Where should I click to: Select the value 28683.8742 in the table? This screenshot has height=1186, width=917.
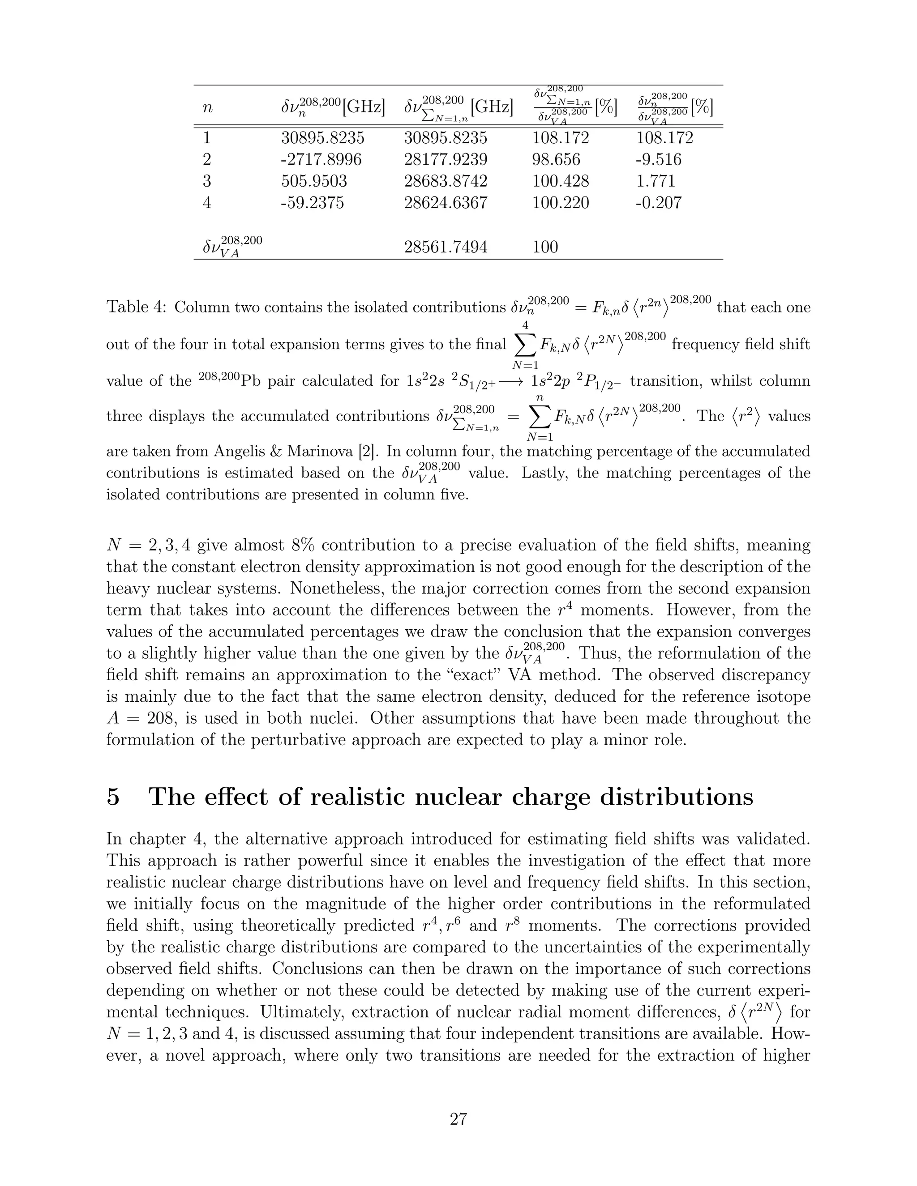[x=446, y=181]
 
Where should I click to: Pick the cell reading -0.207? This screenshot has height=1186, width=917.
[x=658, y=203]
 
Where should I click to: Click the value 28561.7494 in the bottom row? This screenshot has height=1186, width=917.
[x=446, y=247]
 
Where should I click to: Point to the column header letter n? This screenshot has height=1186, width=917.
[x=207, y=107]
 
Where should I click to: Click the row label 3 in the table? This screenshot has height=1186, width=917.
[x=206, y=181]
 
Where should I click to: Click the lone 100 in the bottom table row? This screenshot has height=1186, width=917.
[x=545, y=247]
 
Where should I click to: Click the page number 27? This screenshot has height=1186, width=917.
[x=458, y=1119]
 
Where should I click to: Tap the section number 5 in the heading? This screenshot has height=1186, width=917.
[x=113, y=797]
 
